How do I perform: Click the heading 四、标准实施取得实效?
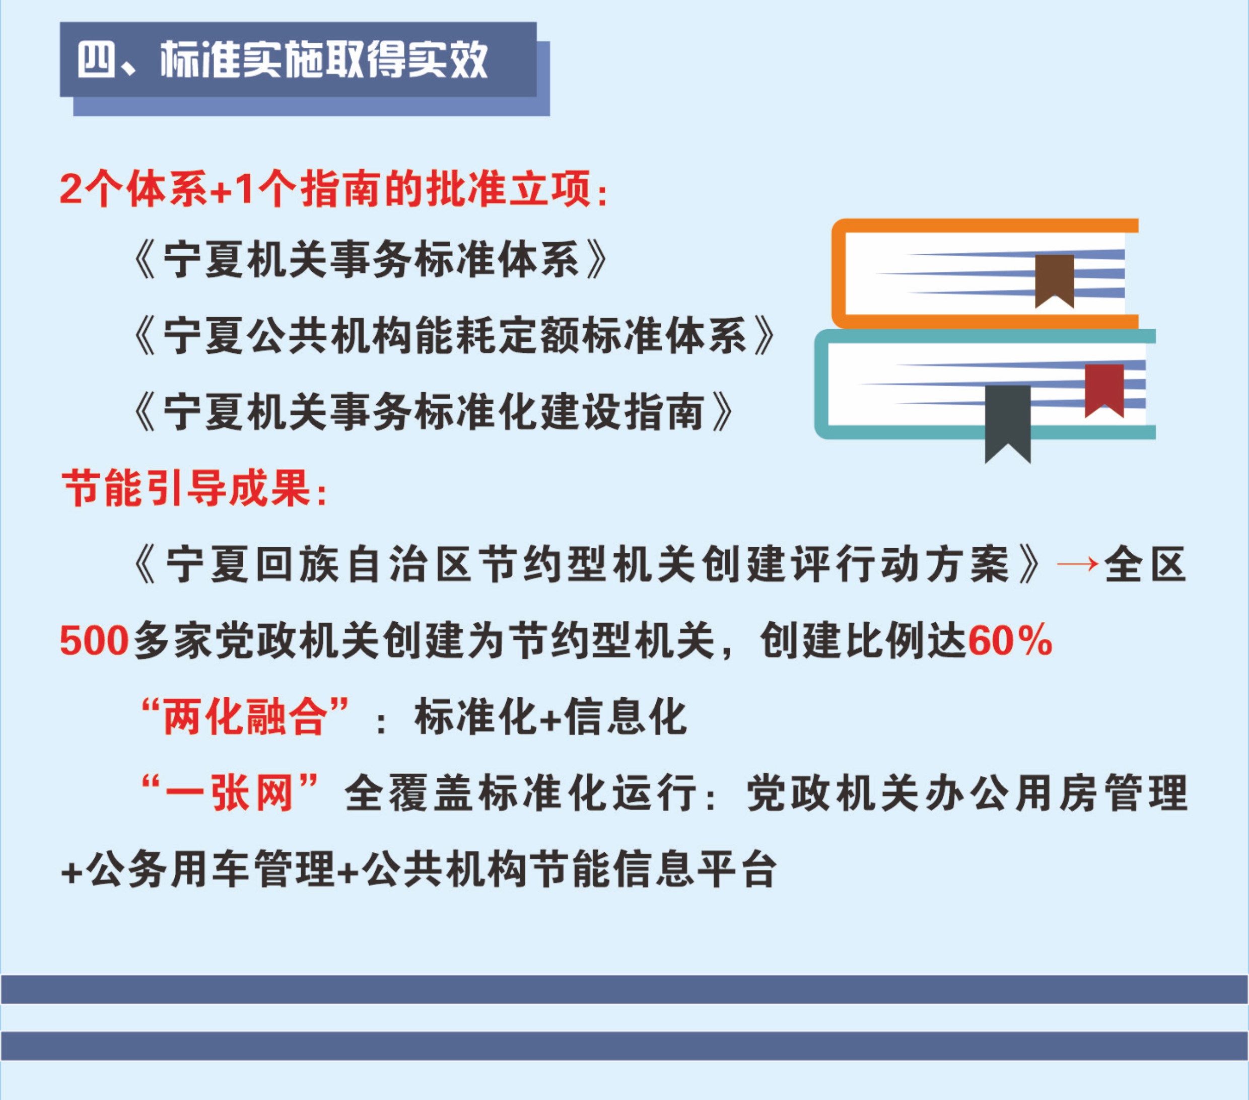coord(283,60)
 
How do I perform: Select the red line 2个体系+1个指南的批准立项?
coord(333,189)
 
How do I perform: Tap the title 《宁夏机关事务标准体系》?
coord(371,260)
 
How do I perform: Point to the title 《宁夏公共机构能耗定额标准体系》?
coord(455,335)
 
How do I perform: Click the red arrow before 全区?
coord(1078,564)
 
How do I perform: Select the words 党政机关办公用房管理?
coord(966,792)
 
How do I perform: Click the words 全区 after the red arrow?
coord(1145,564)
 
